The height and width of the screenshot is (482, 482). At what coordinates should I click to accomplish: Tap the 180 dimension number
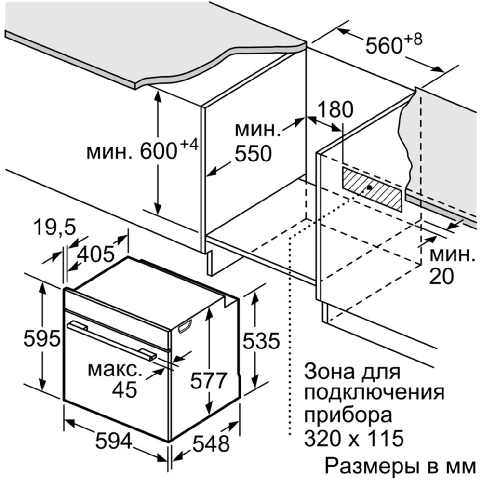coord(335,109)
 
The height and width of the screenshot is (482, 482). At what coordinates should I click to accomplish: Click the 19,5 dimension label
coord(54,228)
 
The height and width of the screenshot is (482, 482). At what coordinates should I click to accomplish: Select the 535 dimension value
coord(261,341)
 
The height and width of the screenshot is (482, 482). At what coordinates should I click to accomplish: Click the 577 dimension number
coord(208,380)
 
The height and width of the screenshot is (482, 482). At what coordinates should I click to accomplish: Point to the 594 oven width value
coord(114,441)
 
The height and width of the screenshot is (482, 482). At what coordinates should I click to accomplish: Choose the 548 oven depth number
coord(211,443)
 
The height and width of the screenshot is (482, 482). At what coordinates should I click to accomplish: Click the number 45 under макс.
coord(124,389)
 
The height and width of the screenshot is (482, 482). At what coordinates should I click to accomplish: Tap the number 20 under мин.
coord(442,276)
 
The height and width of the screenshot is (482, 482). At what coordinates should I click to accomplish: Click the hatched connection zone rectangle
coord(372,189)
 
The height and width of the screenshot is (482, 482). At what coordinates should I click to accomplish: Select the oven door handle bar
coord(112,340)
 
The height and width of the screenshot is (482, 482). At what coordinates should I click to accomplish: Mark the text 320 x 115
coord(353,438)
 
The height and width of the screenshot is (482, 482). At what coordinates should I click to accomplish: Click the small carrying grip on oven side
coord(185,326)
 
